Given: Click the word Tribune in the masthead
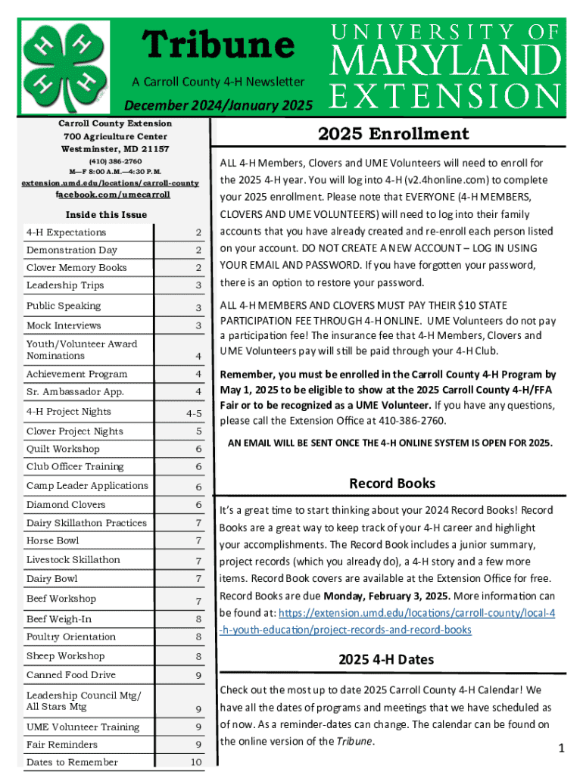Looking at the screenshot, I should click(219, 45).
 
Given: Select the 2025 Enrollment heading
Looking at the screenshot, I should click(393, 134).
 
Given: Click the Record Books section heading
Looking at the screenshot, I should click(391, 483).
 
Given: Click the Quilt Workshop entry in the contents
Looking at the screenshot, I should click(63, 449).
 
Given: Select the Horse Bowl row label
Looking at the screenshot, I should click(52, 540).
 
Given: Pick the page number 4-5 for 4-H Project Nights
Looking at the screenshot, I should click(194, 414).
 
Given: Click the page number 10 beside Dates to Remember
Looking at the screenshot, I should click(195, 762).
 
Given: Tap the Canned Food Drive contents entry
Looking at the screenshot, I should click(71, 674).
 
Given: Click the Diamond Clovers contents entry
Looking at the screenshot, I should click(66, 504).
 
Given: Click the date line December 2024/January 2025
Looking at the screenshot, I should click(218, 105).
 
